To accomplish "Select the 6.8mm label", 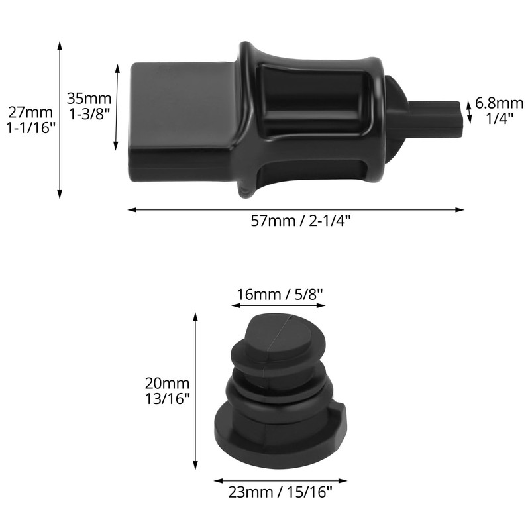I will click(500, 103).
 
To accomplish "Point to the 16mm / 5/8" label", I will click(279, 294).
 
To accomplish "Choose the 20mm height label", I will click(168, 383).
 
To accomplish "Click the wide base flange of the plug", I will click(278, 434).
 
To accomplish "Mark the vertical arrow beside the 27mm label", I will click(60, 119).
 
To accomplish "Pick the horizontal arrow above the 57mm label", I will click(295, 210).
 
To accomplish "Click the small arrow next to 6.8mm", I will click(470, 111).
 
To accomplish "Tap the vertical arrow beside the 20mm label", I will click(195, 391).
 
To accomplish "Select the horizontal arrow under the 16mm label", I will click(278, 306).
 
